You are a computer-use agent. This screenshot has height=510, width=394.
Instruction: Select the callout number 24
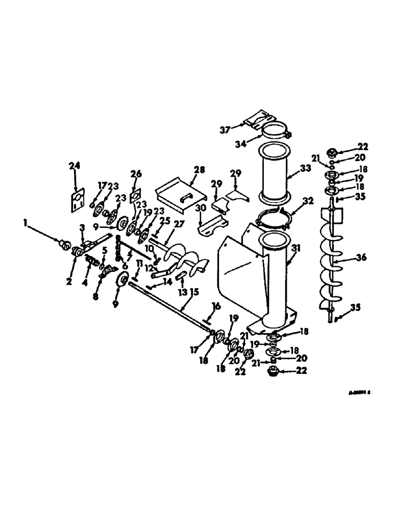75,165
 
